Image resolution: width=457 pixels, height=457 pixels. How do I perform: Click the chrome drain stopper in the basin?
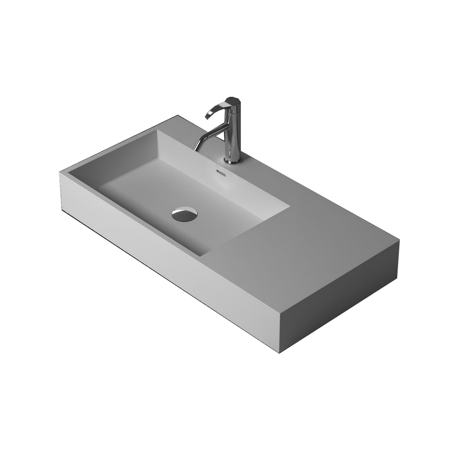pyautogui.click(x=185, y=214)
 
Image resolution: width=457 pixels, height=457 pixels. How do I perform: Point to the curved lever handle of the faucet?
pyautogui.click(x=215, y=109)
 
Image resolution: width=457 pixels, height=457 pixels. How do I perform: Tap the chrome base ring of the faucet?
pyautogui.click(x=233, y=160)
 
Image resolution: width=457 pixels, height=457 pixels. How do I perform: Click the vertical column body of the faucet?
pyautogui.click(x=233, y=133)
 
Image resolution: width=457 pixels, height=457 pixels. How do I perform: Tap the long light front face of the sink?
pyautogui.click(x=169, y=260)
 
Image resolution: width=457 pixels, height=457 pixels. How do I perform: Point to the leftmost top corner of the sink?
pyautogui.click(x=60, y=172)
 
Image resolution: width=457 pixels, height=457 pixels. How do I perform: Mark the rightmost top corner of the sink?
pyautogui.click(x=399, y=242)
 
